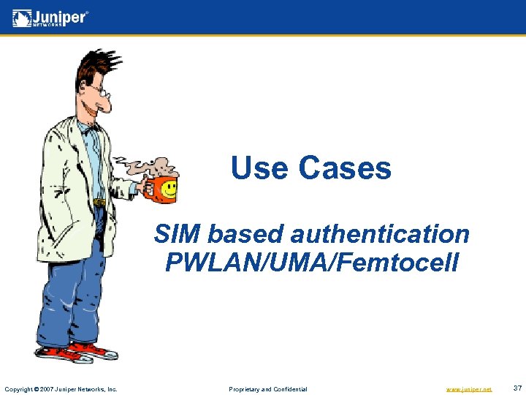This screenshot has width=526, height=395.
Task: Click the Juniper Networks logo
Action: coord(50,18)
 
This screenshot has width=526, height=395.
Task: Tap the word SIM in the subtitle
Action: coord(177,234)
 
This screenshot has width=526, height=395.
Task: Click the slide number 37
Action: coord(517,388)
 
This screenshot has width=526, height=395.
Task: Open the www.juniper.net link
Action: coord(469,388)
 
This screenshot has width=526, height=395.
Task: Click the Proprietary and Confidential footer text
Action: coord(268,388)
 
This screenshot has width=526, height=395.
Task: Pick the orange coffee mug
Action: coord(159,189)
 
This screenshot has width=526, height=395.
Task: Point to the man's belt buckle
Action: coord(99,202)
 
